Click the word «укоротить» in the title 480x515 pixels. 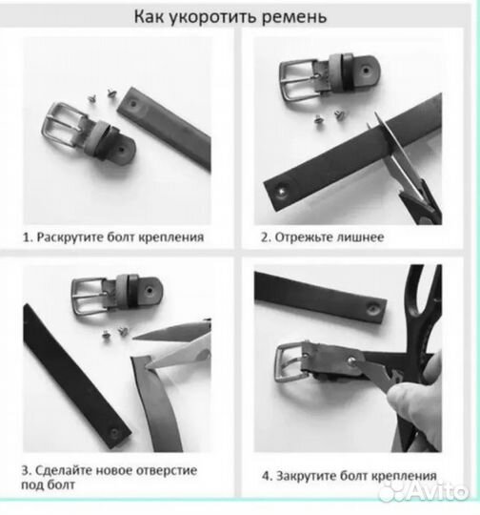[232, 17]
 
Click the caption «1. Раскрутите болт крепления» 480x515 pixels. [114, 236]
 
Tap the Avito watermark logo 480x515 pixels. [424, 491]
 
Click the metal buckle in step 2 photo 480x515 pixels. [300, 78]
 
